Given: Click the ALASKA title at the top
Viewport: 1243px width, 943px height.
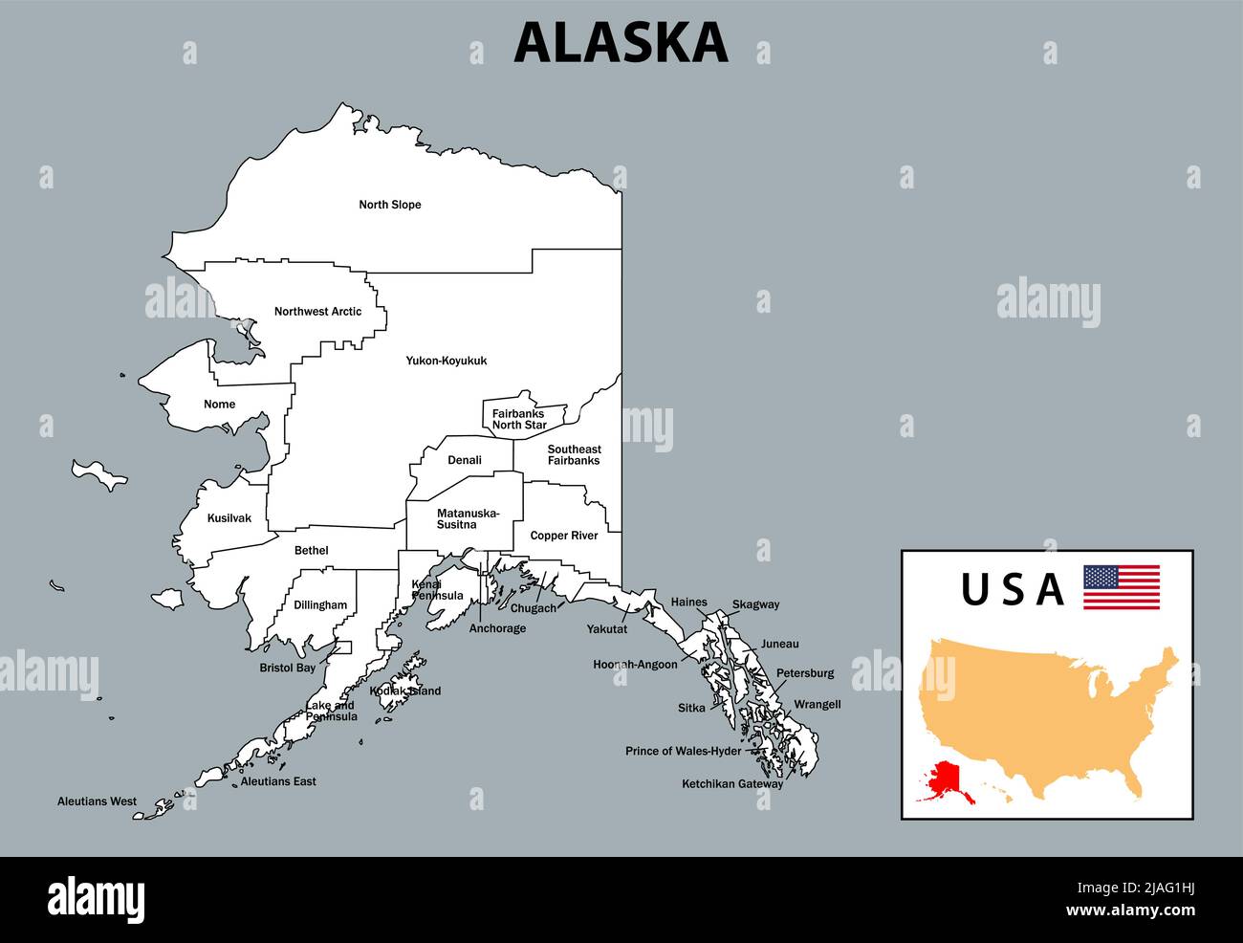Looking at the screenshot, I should tap(621, 43).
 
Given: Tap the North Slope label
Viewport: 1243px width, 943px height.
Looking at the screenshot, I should tap(390, 205).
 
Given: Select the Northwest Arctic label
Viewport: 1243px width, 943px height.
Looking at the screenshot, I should tap(317, 312).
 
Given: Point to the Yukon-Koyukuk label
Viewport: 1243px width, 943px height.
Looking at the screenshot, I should tap(447, 361).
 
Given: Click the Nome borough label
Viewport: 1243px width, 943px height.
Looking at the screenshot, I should tap(219, 405).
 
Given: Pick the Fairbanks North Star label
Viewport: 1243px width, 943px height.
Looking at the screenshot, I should tap(519, 420).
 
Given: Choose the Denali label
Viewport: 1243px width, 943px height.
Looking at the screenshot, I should tap(465, 460).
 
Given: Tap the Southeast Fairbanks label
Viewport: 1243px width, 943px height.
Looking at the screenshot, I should tap(574, 455).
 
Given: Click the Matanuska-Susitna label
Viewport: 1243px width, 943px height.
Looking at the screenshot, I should tap(468, 519).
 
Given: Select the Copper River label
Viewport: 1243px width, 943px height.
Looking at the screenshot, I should tap(564, 536).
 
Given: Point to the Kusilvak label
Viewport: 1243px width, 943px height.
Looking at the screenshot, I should tap(229, 518).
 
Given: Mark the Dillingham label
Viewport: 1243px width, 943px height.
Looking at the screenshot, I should tap(320, 605).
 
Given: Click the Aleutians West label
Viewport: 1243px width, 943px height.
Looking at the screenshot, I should tap(97, 801).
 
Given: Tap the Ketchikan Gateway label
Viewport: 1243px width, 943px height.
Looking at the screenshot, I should tap(732, 784).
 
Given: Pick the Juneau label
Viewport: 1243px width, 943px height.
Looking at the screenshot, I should tap(779, 645).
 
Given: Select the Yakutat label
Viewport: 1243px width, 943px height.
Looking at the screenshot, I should tap(607, 629).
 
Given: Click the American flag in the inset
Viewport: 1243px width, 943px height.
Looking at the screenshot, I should tap(1121, 586).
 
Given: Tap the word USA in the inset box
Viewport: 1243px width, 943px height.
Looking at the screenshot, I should tap(1013, 589).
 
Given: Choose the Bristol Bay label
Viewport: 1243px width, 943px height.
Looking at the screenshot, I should tap(288, 669).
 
